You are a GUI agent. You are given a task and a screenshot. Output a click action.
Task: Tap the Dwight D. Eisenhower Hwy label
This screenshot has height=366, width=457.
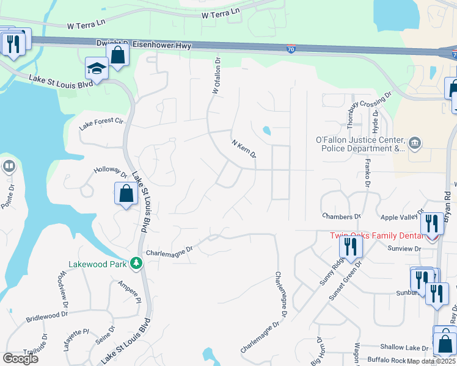[144, 44]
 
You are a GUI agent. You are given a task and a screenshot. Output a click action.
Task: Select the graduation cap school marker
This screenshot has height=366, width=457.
[97, 68]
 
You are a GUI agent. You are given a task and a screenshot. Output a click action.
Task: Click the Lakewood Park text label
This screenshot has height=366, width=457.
[98, 264]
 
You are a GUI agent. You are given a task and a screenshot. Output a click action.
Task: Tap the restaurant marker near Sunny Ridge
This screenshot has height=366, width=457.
[351, 246]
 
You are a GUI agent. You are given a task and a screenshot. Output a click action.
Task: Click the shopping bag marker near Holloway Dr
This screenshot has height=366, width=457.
[126, 194]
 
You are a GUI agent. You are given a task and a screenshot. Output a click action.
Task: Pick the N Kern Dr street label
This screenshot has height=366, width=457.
[243, 148]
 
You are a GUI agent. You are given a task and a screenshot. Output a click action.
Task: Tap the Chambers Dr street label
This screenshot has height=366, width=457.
[342, 217]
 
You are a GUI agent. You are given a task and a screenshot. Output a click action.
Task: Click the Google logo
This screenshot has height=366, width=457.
[20, 358]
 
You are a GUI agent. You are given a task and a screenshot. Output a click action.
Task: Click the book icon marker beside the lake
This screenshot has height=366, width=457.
[9, 166]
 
